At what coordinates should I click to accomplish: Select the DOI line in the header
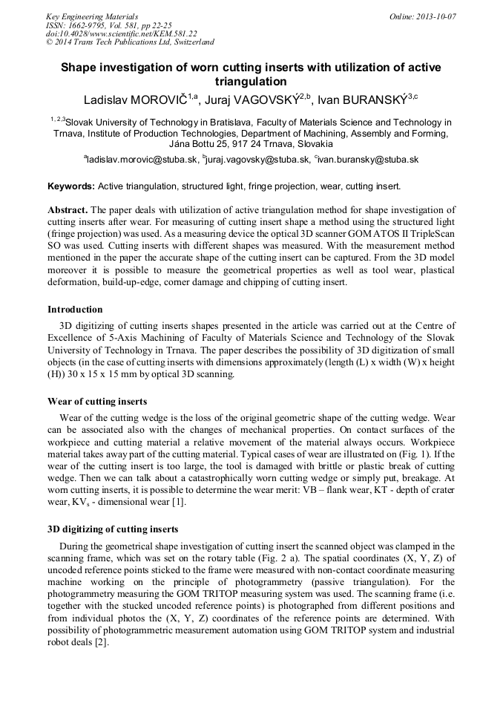pos(122,34)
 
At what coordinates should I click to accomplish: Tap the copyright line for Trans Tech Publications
pos(130,43)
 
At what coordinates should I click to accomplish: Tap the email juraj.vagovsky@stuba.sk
pos(256,160)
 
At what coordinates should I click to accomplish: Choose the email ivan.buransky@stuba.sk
pos(368,160)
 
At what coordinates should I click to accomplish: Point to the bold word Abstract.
pos(68,210)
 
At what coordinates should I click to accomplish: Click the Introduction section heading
pos(75,310)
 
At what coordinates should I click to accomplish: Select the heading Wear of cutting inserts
pos(97,402)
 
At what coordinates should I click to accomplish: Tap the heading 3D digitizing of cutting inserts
pos(113,529)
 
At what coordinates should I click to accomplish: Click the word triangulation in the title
pos(251,82)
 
